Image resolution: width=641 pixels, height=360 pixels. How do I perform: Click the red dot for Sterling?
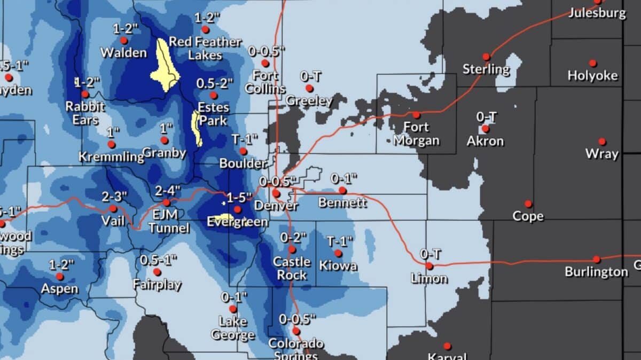tap(486, 57)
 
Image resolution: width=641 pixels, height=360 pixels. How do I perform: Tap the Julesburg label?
tap(597, 13)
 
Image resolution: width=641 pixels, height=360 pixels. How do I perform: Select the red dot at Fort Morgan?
tap(416, 115)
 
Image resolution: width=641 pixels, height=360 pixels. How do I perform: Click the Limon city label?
tap(429, 278)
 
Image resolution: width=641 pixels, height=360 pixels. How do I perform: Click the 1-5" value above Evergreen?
tap(238, 198)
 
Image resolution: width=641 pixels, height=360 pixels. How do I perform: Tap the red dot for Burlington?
tap(597, 260)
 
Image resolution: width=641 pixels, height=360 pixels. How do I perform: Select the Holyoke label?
tap(592, 76)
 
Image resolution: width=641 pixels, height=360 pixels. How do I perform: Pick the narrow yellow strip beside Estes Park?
tap(197, 129)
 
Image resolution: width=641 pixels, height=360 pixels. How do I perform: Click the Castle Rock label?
tap(291, 268)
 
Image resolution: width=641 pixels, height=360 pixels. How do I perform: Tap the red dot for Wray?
tap(602, 142)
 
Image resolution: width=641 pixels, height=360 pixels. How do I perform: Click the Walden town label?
tap(123, 52)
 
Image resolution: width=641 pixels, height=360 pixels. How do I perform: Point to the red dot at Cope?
tap(528, 204)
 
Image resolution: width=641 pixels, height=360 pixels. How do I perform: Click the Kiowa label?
tap(338, 265)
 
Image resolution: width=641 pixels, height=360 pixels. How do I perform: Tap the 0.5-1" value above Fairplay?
tap(159, 260)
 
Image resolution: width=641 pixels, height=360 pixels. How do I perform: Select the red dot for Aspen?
tap(60, 277)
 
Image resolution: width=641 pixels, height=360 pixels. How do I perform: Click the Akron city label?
tap(485, 141)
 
